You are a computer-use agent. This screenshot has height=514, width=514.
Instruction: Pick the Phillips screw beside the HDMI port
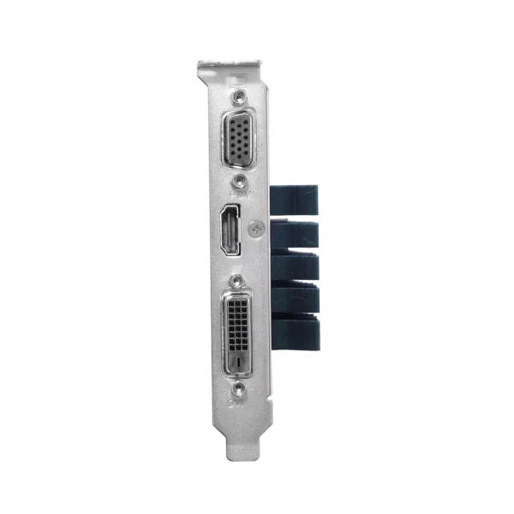pyautogui.click(x=254, y=229)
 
